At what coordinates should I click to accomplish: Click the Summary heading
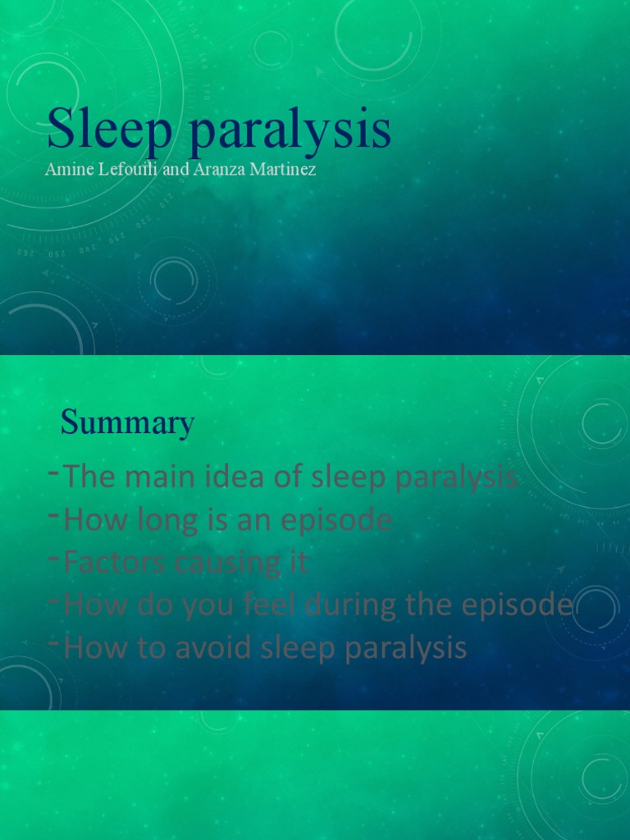click(127, 423)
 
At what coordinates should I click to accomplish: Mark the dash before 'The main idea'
click(53, 472)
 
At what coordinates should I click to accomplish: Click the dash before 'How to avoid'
click(53, 643)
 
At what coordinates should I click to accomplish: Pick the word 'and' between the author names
click(176, 170)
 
